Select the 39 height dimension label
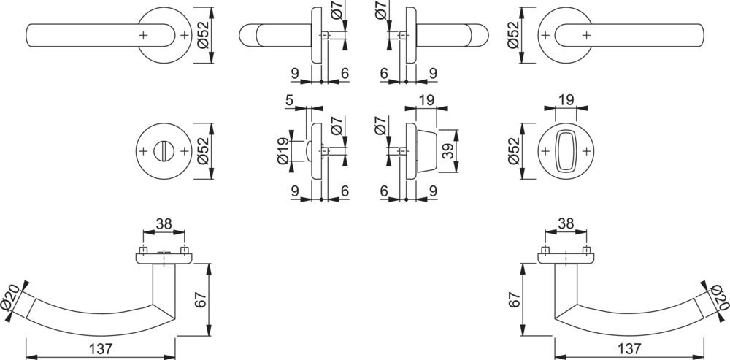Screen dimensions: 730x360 coord(448,151)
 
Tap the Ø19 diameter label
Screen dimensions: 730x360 coord(283,151)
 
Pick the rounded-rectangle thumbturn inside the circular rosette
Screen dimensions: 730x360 coord(565,151)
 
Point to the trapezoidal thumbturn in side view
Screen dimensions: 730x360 coord(426,151)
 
